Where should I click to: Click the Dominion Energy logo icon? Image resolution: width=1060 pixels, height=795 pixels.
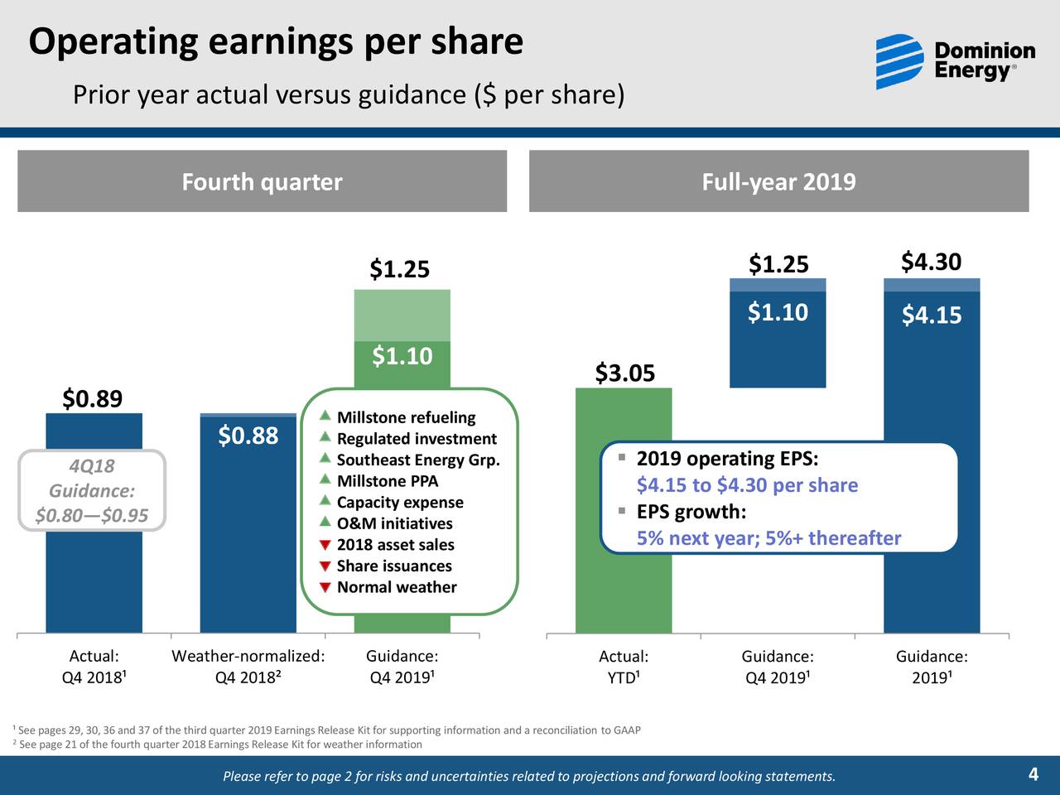pyautogui.click(x=899, y=62)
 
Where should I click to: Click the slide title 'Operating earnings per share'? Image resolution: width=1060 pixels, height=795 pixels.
pyautogui.click(x=276, y=41)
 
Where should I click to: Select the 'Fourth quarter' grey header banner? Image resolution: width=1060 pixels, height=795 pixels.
pyautogui.click(x=262, y=181)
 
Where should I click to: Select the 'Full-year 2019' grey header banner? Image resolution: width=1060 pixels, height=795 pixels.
pyautogui.click(x=778, y=181)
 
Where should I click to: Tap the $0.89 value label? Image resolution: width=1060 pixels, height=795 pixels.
pyautogui.click(x=93, y=399)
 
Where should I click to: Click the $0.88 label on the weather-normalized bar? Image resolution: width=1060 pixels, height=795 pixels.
pyautogui.click(x=248, y=436)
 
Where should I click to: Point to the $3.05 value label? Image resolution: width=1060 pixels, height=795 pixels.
pyautogui.click(x=624, y=373)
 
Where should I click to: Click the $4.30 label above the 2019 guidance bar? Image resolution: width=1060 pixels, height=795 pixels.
pyautogui.click(x=931, y=263)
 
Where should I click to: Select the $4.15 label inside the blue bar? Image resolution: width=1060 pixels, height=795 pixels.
pyautogui.click(x=931, y=316)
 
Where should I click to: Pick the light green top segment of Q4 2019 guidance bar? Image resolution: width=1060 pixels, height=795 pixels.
pyautogui.click(x=402, y=315)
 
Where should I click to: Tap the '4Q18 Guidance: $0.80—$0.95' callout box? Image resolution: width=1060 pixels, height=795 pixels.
pyautogui.click(x=92, y=491)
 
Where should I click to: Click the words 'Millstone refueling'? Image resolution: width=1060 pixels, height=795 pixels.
pyautogui.click(x=406, y=417)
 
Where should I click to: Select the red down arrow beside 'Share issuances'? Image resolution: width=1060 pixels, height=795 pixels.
pyautogui.click(x=325, y=566)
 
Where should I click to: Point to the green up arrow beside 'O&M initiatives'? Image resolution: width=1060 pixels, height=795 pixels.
pyautogui.click(x=325, y=523)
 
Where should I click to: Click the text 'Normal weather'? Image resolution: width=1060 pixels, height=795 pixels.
pyautogui.click(x=397, y=587)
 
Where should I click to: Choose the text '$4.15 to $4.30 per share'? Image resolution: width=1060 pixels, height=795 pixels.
pyautogui.click(x=747, y=485)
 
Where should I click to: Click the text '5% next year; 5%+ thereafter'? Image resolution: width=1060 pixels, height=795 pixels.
pyautogui.click(x=768, y=538)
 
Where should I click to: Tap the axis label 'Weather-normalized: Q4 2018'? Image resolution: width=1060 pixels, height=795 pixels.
pyautogui.click(x=248, y=667)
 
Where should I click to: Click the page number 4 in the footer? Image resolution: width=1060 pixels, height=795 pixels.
pyautogui.click(x=1033, y=775)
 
